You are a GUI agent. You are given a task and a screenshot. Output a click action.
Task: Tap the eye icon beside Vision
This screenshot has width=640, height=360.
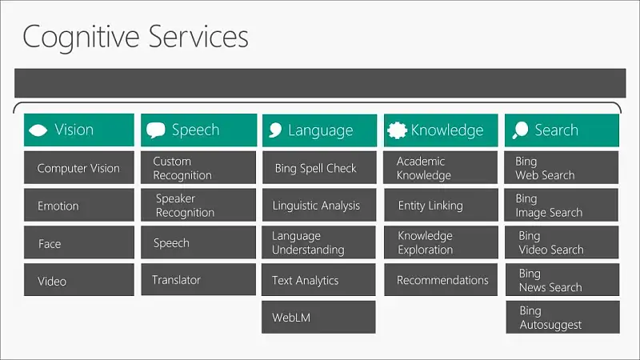point(38,130)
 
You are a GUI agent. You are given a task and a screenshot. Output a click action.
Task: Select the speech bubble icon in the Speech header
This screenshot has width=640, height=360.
point(155,130)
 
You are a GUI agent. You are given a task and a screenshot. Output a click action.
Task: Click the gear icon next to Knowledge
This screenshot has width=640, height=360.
point(397,130)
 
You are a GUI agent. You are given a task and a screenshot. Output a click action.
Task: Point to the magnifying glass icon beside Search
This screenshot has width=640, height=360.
point(521,130)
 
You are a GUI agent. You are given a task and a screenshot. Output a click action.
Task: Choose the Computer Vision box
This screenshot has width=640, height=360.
point(78,168)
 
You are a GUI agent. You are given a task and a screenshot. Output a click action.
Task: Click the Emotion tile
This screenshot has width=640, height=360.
point(78,205)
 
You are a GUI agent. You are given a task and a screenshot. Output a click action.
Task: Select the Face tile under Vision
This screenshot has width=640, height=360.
point(78,242)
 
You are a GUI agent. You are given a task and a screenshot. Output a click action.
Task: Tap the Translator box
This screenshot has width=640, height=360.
point(198,279)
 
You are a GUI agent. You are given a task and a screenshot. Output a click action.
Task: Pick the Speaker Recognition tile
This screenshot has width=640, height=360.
point(198,205)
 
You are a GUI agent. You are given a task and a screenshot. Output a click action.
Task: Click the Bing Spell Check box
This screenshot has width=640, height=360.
point(319,168)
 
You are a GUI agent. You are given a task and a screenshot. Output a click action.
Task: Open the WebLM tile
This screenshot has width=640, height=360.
point(318,317)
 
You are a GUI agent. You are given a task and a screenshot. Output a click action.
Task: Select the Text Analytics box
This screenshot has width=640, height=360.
point(318,279)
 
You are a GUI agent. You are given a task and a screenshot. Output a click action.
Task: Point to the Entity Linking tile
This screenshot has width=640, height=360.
point(441,205)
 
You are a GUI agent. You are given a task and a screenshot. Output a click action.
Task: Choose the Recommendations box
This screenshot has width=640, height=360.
point(441,279)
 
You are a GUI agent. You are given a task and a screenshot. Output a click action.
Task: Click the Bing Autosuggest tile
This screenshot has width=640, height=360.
point(563,317)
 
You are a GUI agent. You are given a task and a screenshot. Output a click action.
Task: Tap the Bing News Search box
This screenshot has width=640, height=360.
point(562,279)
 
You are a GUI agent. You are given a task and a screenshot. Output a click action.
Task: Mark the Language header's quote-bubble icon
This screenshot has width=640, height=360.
point(275,130)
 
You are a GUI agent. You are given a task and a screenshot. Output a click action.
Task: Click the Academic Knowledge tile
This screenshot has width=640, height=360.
point(441,168)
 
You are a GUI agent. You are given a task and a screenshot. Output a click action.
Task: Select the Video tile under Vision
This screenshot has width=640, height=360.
point(78,279)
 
